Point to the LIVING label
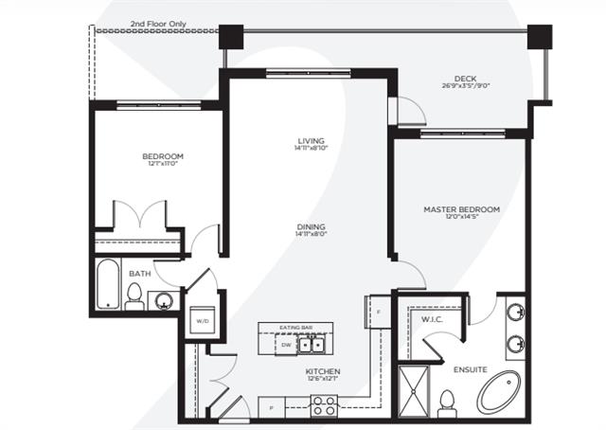coord(312,140)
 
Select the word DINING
coord(311,227)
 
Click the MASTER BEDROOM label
coord(462,209)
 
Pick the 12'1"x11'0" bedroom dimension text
coord(163,165)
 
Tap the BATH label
coord(139,274)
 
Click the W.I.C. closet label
coord(433,319)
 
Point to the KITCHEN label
coord(324,371)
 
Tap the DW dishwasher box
coord(285,345)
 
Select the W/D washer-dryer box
coord(203,321)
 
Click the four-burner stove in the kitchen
coord(324,406)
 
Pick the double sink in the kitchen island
coord(311,345)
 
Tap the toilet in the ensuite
coord(448,401)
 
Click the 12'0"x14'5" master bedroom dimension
coord(462,219)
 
